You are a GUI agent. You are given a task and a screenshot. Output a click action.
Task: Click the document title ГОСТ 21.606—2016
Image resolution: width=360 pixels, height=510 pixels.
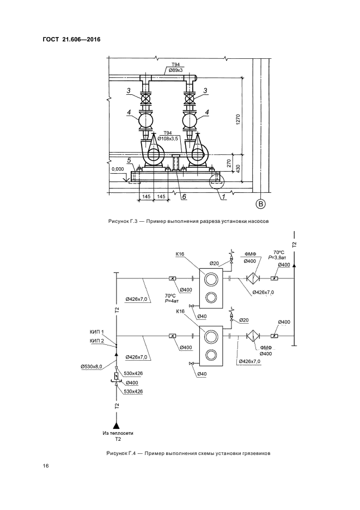(71, 40)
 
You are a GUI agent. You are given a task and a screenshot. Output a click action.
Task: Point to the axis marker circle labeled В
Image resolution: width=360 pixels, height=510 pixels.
(261, 204)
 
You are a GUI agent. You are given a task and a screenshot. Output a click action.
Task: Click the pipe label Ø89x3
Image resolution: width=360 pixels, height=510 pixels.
(175, 70)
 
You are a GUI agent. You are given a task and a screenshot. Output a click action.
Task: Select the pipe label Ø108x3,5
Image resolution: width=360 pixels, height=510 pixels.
(168, 138)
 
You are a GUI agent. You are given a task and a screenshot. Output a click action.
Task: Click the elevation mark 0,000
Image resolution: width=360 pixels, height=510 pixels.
(118, 169)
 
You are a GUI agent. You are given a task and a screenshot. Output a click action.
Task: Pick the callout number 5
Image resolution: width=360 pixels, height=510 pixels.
(129, 160)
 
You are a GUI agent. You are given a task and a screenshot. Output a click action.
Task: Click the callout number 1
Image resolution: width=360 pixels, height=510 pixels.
(223, 197)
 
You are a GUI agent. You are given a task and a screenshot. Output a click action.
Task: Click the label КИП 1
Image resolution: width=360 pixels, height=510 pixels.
(96, 332)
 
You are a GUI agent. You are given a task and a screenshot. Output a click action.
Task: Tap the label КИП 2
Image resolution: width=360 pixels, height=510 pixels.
(96, 341)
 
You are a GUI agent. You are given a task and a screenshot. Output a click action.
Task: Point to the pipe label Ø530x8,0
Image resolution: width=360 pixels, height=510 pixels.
(91, 367)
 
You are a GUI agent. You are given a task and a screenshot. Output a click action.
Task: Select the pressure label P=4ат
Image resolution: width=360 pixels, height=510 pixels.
(171, 301)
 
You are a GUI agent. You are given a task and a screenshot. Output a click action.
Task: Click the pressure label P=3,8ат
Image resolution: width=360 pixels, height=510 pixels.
(277, 257)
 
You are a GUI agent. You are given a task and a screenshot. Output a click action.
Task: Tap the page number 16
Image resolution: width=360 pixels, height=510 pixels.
(46, 466)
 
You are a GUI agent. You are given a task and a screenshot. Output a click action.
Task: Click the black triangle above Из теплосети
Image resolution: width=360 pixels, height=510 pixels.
(117, 425)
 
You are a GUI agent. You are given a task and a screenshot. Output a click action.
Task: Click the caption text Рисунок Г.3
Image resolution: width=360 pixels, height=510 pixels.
(123, 221)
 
